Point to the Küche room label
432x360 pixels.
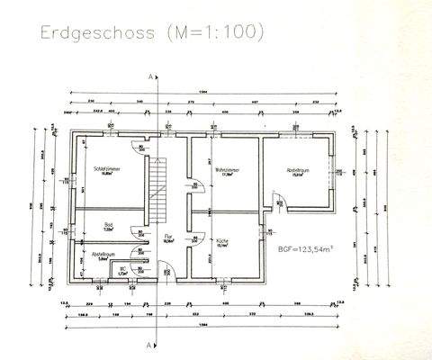pyautogui.click(x=222, y=241)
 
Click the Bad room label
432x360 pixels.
pyautogui.click(x=108, y=226)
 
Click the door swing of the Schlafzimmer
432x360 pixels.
pyautogui.click(x=138, y=149)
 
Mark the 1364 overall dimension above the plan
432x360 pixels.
pyautogui.click(x=203, y=94)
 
